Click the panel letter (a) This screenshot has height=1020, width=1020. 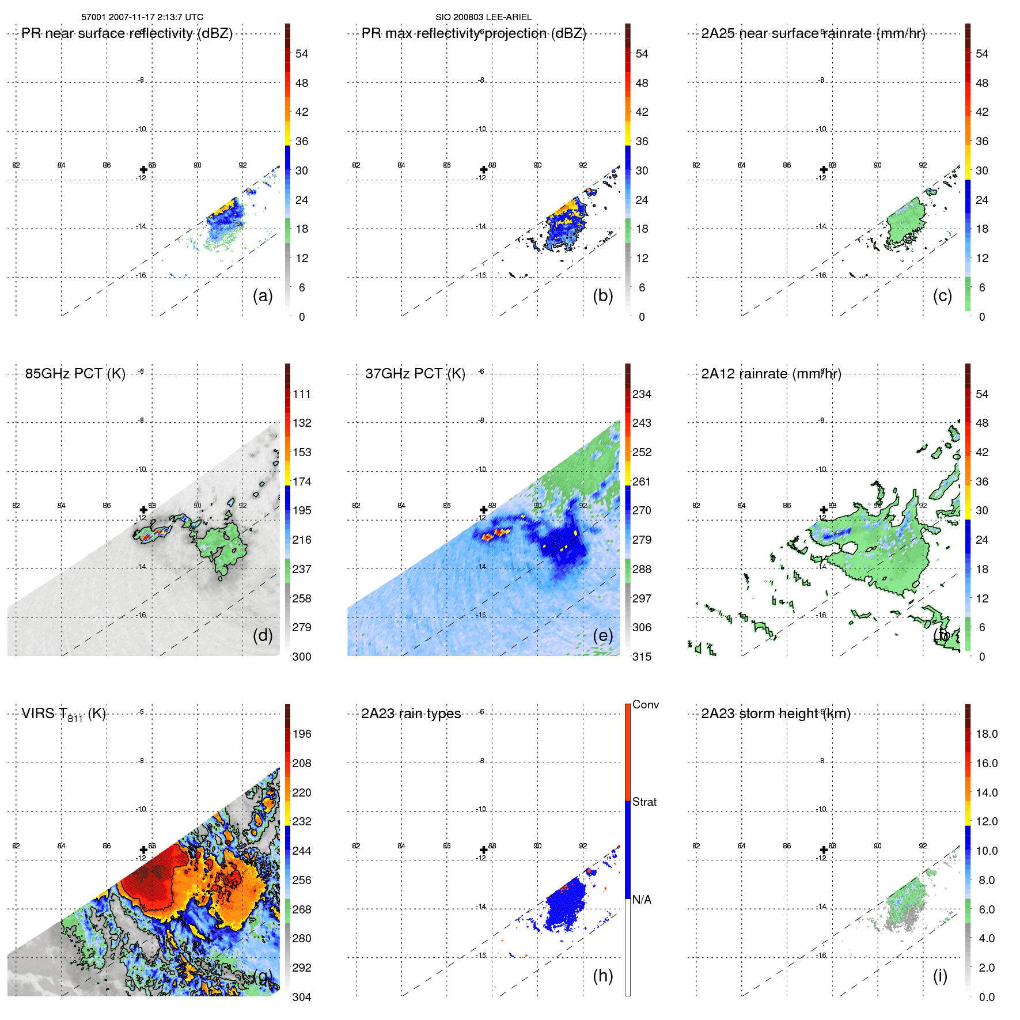(x=263, y=296)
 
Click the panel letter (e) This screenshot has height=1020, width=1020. (x=602, y=635)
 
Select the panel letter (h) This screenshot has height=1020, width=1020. (x=602, y=976)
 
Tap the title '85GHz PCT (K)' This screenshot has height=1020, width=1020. (x=75, y=374)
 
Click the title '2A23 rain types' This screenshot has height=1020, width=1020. (x=411, y=714)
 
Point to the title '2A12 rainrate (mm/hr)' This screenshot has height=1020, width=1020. (x=771, y=374)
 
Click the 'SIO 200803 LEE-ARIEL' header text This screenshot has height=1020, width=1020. (x=483, y=17)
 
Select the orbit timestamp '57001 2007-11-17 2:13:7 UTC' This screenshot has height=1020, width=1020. (x=142, y=17)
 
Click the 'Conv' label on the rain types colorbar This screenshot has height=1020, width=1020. (x=645, y=704)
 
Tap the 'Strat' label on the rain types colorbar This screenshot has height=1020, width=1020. (x=644, y=802)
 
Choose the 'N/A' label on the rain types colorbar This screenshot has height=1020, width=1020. (x=642, y=900)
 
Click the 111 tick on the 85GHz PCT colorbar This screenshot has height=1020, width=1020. (x=302, y=395)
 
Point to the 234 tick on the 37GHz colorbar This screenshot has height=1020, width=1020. (x=642, y=395)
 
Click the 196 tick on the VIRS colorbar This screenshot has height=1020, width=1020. (x=302, y=734)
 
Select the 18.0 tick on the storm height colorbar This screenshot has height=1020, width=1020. (x=987, y=734)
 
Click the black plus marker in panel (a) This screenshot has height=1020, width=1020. (x=143, y=170)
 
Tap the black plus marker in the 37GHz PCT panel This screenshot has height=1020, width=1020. (x=484, y=510)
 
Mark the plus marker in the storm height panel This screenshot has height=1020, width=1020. (x=824, y=850)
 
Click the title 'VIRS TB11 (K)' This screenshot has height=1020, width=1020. (x=63, y=714)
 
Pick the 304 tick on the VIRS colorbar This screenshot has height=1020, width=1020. (x=302, y=997)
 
